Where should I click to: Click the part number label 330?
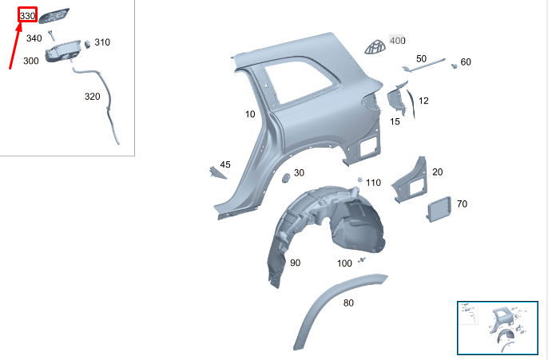coord(28,16)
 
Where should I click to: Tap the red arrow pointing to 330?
coord(15,45)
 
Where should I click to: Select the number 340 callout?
coord(34,38)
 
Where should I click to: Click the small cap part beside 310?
coord(87,44)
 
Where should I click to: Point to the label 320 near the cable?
coord(93,97)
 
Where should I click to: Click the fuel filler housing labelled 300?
coord(63,52)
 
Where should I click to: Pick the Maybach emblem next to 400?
coord(375,47)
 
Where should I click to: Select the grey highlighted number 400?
coord(397,41)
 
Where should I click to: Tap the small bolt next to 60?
coord(455,65)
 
